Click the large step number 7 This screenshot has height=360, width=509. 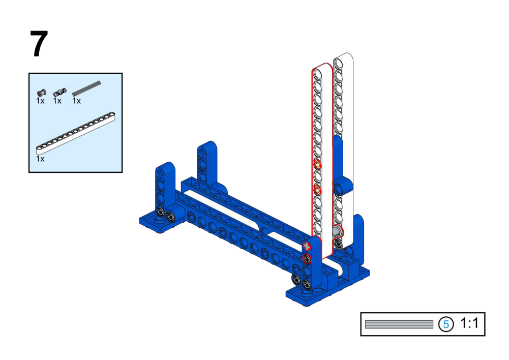[39, 44]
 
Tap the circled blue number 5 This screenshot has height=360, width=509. [446, 324]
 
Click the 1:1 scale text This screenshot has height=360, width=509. [469, 323]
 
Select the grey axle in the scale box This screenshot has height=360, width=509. [399, 324]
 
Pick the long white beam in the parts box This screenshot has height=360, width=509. [75, 133]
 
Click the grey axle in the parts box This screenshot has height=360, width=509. [86, 88]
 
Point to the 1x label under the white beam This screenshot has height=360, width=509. [40, 159]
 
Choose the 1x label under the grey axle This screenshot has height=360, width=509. [77, 101]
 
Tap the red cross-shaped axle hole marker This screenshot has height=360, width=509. [307, 247]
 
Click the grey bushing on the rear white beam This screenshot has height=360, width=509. [337, 232]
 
